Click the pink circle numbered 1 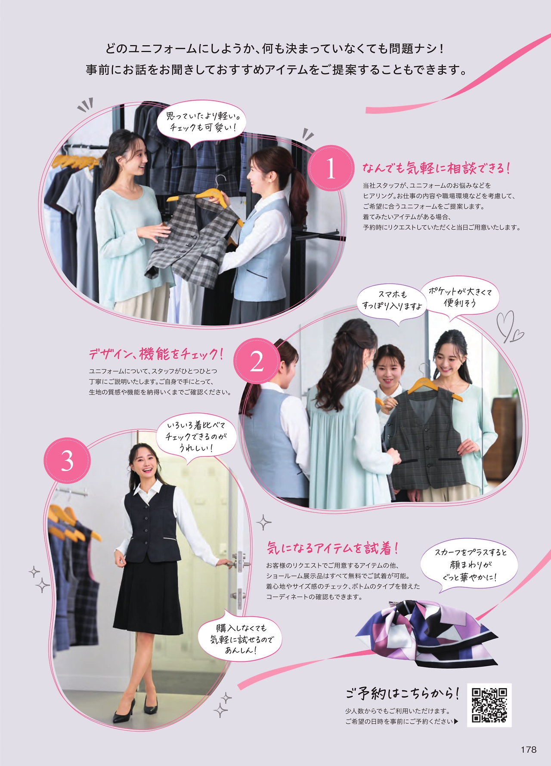coord(331,168)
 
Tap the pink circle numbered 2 coord(257,361)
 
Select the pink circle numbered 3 coord(67,460)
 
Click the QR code coord(489,705)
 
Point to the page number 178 coord(528,750)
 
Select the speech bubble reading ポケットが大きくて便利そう coord(460,297)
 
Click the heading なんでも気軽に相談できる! coord(436,168)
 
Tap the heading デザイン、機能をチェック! coord(156,354)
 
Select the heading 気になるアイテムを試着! coord(332,548)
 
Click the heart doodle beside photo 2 coord(509,327)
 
